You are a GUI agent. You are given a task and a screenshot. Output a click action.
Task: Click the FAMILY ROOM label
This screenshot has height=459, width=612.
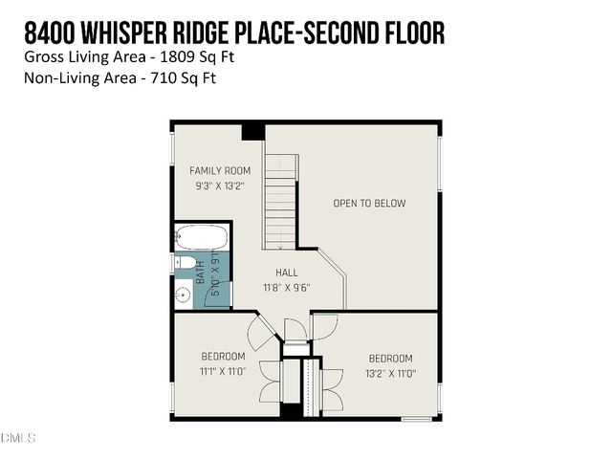click(x=220, y=170)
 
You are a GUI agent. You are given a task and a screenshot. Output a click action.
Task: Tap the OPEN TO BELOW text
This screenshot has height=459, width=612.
click(x=369, y=203)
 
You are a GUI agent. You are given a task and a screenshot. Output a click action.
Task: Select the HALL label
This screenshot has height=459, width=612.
click(x=287, y=273)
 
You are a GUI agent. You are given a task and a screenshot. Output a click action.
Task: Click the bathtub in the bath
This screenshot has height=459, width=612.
click(x=203, y=236)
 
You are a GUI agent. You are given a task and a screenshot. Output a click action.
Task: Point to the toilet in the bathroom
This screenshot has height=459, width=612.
click(x=186, y=262)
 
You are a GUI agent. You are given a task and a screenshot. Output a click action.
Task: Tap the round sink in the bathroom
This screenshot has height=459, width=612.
click(x=184, y=295)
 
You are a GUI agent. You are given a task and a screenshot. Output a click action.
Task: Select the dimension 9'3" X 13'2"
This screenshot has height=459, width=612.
click(x=220, y=186)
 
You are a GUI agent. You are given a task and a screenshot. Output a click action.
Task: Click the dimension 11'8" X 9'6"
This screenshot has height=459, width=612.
click(x=287, y=287)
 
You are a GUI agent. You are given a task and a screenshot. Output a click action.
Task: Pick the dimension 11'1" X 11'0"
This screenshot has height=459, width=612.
click(x=223, y=371)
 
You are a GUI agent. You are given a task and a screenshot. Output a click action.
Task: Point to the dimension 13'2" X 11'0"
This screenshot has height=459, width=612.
click(x=391, y=373)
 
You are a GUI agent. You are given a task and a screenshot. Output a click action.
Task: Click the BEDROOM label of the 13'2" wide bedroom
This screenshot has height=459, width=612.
click(x=391, y=359)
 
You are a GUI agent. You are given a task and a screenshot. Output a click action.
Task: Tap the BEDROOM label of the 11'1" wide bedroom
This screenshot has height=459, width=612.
click(x=223, y=357)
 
